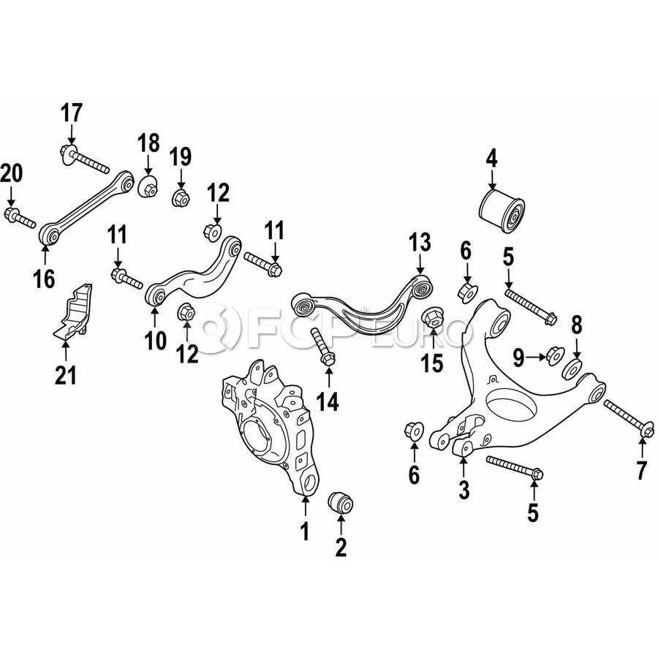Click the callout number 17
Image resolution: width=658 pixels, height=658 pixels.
click(x=72, y=113)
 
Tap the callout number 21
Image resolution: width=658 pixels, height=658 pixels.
click(x=66, y=375)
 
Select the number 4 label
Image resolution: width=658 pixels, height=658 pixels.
click(x=491, y=159)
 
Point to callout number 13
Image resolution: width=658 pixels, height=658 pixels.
click(x=420, y=243)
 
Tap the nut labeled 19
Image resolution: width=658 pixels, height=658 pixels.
click(x=181, y=197)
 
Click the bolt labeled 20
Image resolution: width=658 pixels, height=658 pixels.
click(x=20, y=216)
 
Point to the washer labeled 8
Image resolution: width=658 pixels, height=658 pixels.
click(x=572, y=369)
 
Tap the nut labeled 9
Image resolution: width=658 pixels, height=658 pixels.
click(x=556, y=355)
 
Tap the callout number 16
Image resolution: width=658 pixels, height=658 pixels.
click(x=45, y=279)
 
